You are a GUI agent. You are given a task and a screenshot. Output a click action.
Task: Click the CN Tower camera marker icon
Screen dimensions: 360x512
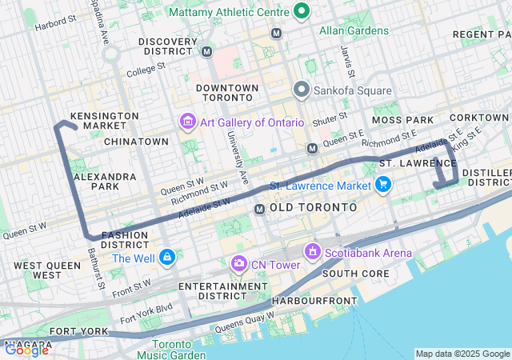(x=238, y=263)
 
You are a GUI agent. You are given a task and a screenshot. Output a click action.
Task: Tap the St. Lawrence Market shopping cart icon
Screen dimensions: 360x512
(x=382, y=186)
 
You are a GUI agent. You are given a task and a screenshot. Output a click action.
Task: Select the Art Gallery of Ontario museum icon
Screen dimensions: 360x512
(x=187, y=122)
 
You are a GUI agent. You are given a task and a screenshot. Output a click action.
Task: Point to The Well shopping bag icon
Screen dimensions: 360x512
(x=166, y=258)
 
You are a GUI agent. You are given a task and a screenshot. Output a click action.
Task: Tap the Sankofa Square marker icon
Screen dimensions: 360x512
(x=301, y=90)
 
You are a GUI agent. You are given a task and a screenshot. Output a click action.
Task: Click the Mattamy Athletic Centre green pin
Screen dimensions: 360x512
(x=302, y=11)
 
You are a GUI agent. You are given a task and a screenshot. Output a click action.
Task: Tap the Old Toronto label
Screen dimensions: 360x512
(x=313, y=207)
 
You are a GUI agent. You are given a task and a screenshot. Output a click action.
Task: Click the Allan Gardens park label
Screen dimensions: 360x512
(x=354, y=31)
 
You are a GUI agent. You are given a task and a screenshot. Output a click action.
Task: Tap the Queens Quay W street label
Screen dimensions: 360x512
(x=244, y=321)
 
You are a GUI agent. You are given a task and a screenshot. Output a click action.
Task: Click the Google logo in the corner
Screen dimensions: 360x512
(x=26, y=350)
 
